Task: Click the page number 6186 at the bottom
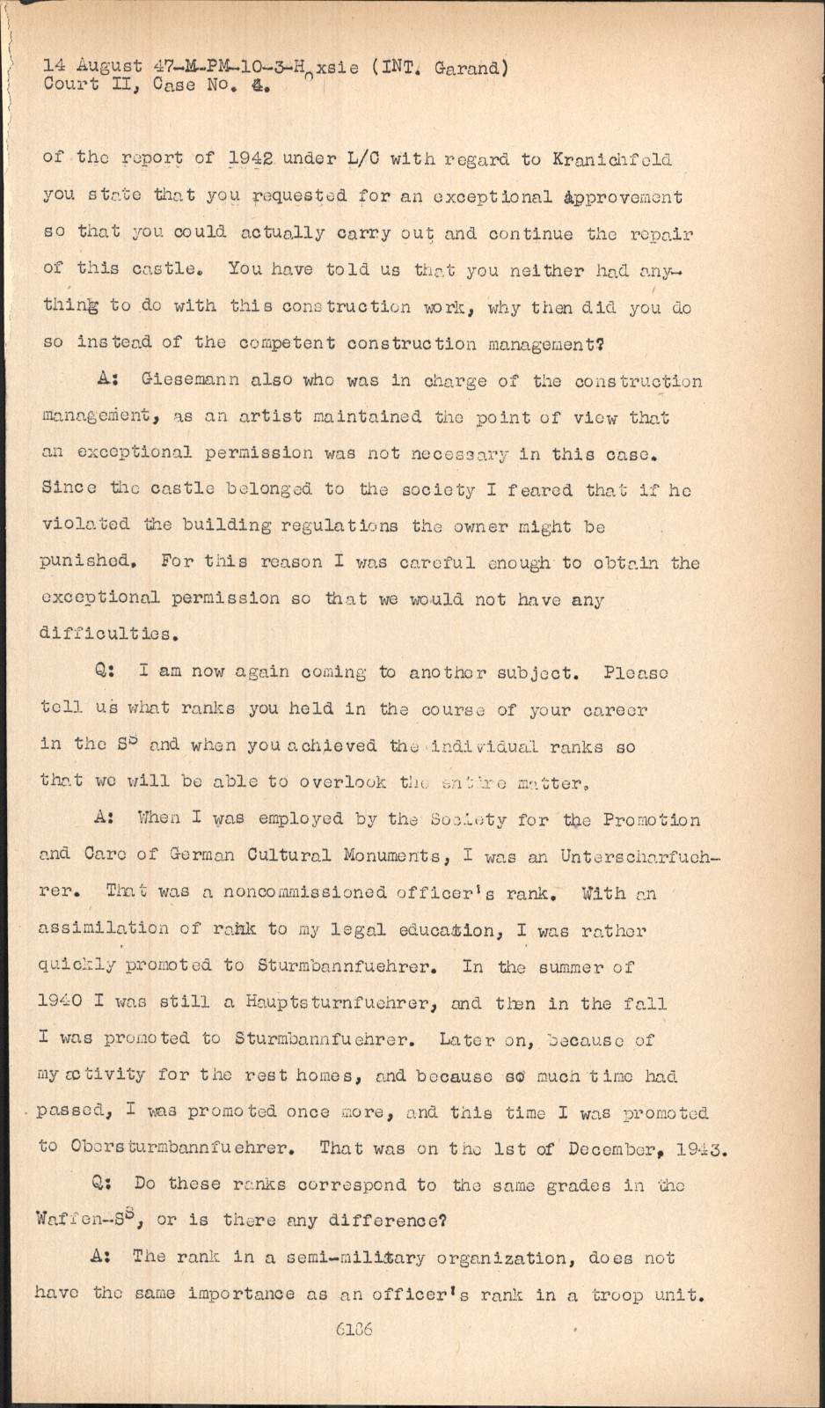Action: point(354,1329)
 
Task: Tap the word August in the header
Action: point(109,66)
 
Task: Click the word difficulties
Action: point(106,633)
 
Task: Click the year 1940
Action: point(69,1002)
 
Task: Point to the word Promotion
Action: point(652,819)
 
